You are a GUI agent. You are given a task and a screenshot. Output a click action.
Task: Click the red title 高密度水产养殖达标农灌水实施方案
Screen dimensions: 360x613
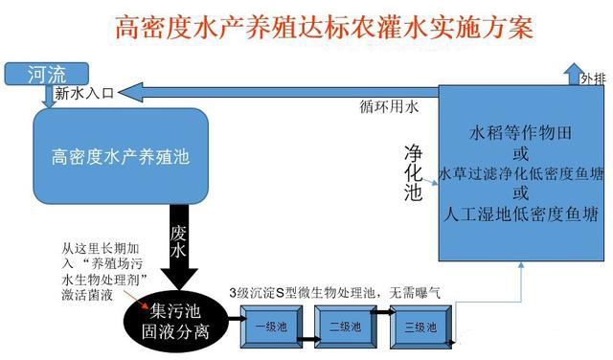[325, 26]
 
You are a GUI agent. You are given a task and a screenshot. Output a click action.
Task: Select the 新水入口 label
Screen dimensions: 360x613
[83, 93]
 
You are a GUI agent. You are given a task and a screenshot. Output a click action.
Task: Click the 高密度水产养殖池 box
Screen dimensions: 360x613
[121, 153]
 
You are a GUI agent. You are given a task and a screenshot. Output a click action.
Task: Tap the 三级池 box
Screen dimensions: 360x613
[419, 327]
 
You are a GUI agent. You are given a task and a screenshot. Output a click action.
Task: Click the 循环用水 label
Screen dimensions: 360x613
[388, 107]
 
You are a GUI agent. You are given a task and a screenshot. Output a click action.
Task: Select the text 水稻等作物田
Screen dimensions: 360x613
[521, 131]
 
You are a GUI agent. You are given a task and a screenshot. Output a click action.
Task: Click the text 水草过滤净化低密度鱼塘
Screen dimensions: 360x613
[521, 173]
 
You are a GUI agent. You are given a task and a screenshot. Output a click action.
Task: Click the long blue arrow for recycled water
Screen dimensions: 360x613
[287, 91]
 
